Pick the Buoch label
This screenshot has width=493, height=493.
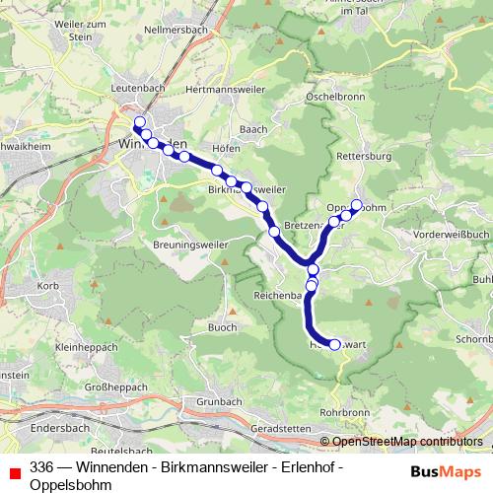(222, 327)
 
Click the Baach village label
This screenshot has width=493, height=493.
(253, 128)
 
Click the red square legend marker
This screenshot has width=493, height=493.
(14, 472)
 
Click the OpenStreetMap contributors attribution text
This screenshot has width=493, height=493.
(407, 442)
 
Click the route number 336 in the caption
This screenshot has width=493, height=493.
(41, 465)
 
